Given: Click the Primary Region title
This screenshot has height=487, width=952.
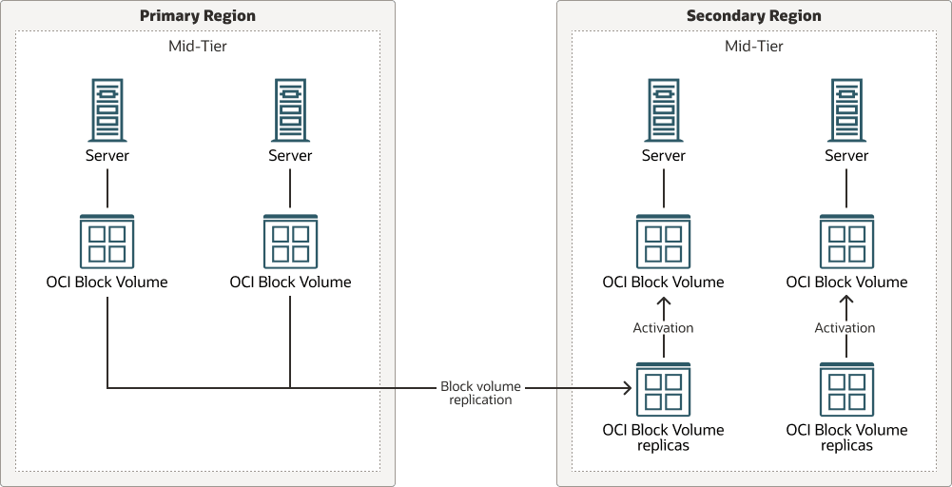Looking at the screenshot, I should click(x=198, y=16).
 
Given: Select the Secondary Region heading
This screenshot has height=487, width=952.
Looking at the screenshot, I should click(x=753, y=16).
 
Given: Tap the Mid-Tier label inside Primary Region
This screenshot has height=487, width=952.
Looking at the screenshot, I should click(x=197, y=46).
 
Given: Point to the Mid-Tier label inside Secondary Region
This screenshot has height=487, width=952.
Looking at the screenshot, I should click(x=753, y=46).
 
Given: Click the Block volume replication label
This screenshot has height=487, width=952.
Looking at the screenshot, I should click(x=482, y=394).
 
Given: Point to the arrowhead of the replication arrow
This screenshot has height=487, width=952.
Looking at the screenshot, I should click(x=628, y=388).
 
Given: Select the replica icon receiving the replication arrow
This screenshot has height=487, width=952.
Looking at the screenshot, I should click(x=663, y=389).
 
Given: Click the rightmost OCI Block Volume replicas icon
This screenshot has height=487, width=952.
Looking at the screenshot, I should click(x=846, y=389).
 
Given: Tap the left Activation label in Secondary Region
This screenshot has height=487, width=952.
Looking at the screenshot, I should click(x=663, y=328).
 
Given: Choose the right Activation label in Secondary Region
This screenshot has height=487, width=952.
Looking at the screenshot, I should click(x=845, y=328).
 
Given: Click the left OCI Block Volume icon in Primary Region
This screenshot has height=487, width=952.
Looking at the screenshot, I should click(x=107, y=241).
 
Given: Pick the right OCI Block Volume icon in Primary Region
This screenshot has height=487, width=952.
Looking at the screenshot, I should click(x=290, y=241).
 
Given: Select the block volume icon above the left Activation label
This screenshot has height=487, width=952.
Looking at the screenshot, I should click(x=663, y=241).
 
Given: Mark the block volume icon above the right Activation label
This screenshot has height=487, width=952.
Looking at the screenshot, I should click(x=846, y=241).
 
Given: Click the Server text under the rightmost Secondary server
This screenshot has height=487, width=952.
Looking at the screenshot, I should click(x=846, y=156).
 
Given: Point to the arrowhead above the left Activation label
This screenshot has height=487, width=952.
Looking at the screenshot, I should click(x=664, y=301).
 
